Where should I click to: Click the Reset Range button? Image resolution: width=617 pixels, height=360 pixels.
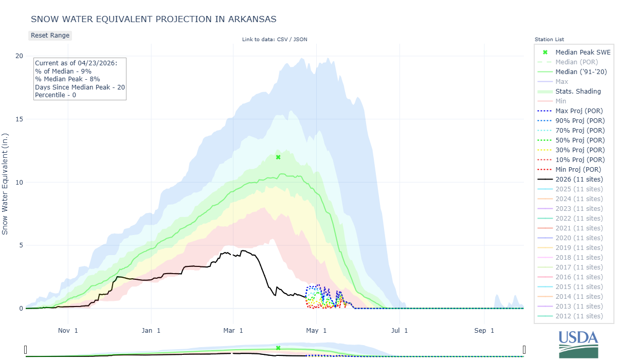click(50, 35)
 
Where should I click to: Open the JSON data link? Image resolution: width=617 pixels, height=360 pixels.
click(300, 40)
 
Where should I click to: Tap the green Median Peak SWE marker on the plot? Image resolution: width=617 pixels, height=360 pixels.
click(278, 157)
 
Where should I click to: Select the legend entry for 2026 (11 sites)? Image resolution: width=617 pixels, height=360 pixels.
click(579, 179)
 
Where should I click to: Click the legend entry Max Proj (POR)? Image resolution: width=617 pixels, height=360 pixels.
click(579, 111)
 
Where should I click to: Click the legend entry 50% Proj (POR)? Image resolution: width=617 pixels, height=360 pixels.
click(579, 140)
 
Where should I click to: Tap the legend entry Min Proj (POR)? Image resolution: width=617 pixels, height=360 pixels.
click(578, 169)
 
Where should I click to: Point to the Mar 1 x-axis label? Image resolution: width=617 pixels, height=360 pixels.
click(233, 330)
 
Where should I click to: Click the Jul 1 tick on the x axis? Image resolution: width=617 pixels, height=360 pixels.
click(399, 330)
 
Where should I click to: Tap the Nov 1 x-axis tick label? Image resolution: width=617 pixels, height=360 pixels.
click(68, 330)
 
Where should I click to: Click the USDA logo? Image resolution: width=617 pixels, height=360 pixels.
click(578, 344)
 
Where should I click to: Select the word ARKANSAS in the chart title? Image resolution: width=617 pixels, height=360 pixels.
click(248, 19)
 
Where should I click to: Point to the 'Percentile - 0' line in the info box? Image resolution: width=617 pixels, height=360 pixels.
click(56, 95)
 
